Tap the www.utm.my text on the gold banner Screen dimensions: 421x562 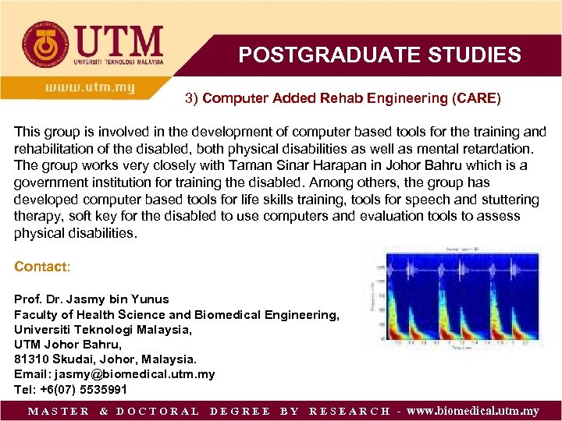(90, 88)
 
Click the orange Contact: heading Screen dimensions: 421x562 (42, 267)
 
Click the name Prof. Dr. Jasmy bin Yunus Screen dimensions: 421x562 (91, 299)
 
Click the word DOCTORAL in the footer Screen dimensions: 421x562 (158, 411)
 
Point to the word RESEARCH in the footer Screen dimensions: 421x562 (350, 411)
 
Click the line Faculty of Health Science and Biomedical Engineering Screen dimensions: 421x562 (176, 314)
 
